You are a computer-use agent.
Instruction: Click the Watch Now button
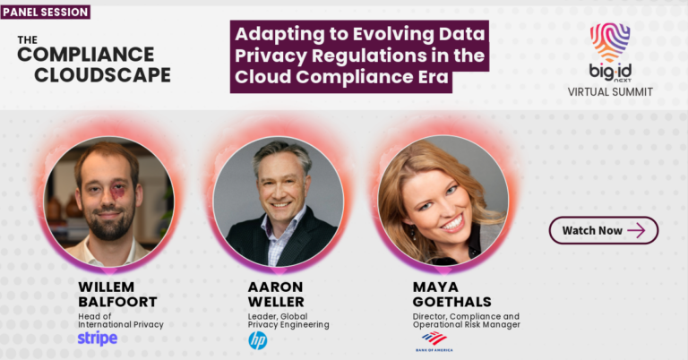tap(603, 230)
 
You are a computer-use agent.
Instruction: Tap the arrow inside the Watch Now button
tap(636, 230)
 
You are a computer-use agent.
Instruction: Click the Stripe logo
tap(97, 339)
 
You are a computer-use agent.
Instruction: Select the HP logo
tap(257, 340)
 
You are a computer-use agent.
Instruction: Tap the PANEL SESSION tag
tap(46, 13)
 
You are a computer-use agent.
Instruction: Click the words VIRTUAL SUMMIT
tap(610, 91)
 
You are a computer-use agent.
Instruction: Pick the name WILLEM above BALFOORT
tap(107, 286)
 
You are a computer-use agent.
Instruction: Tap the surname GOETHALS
tap(451, 302)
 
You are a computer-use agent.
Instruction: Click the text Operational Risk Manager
tap(466, 325)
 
